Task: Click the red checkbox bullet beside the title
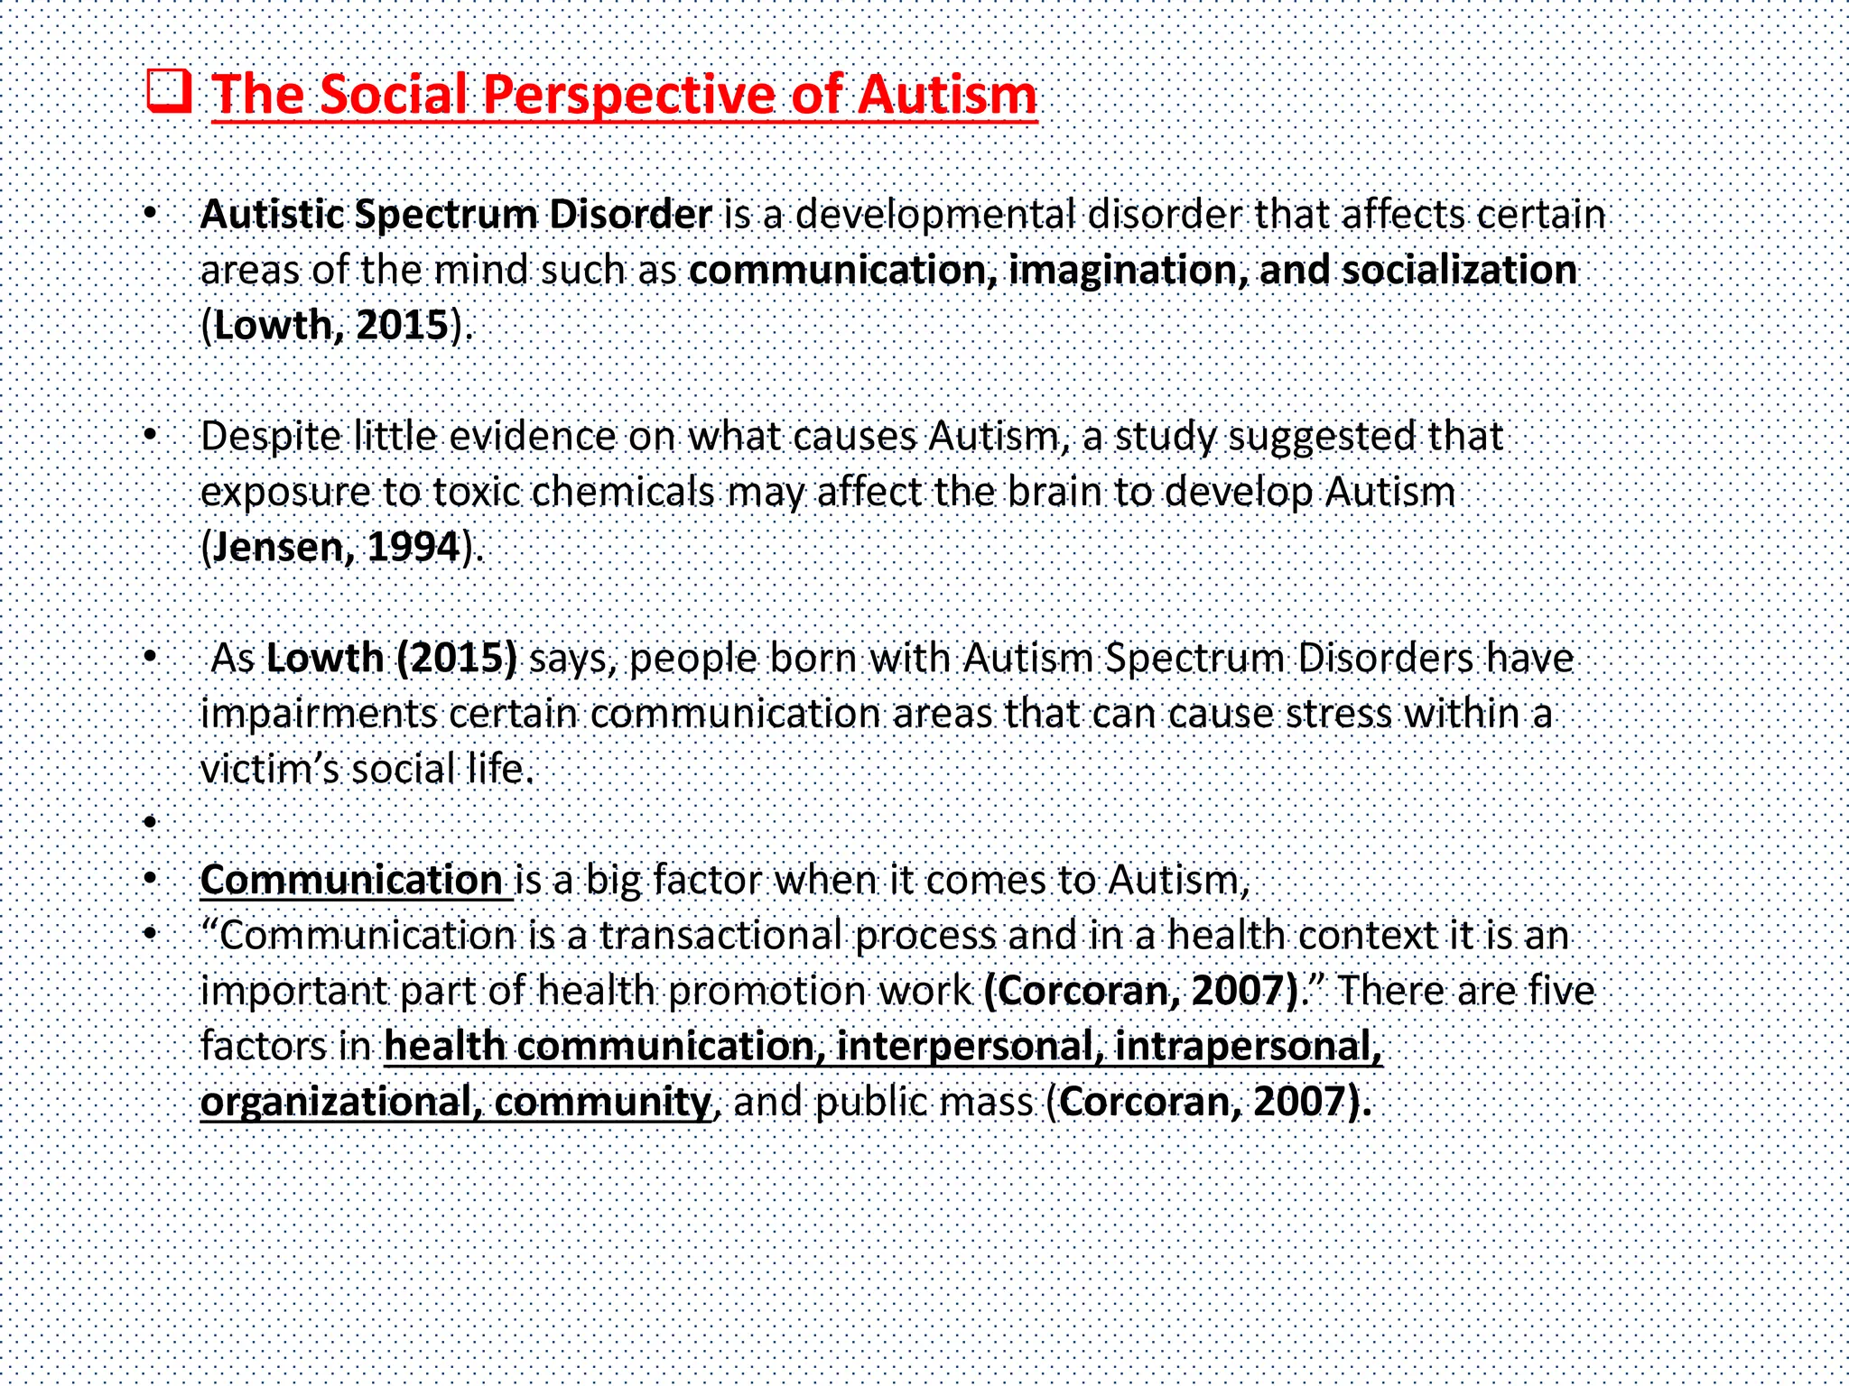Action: [x=169, y=92]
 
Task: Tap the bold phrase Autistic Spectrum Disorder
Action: [x=456, y=215]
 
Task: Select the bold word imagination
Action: [x=1127, y=271]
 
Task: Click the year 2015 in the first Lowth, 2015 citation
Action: [x=403, y=326]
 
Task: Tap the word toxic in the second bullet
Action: [x=476, y=493]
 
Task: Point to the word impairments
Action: [x=319, y=715]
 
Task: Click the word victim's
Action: [x=268, y=770]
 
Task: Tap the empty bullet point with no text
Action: [x=151, y=822]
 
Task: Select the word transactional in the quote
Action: [x=721, y=936]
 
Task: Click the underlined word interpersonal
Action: [x=969, y=1047]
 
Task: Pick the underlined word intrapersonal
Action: [x=1248, y=1047]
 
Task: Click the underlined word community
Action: [x=602, y=1103]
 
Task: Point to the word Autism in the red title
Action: [x=947, y=95]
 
